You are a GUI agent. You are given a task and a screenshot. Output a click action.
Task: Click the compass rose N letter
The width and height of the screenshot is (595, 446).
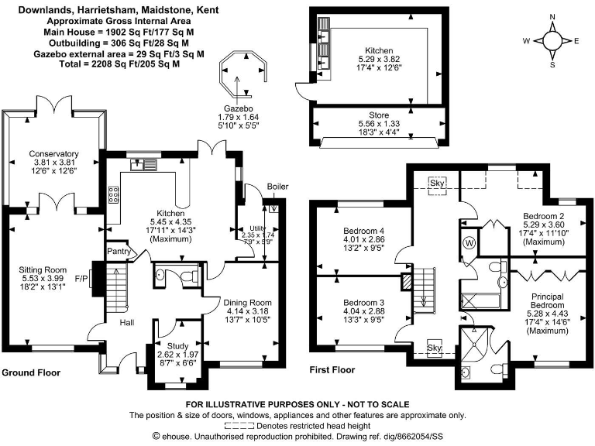[552, 17]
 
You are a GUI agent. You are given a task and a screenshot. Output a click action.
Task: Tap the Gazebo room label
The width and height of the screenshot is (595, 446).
[238, 109]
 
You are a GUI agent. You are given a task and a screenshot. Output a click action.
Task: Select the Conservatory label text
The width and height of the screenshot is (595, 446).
[53, 153]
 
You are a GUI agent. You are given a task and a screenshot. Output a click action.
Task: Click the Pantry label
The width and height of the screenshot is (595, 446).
[117, 251]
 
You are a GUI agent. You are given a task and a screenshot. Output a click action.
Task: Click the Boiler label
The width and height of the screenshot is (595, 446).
[277, 187]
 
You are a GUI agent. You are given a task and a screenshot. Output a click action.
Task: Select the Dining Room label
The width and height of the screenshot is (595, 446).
[247, 302]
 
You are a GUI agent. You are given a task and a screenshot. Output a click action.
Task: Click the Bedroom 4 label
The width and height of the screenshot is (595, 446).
[363, 231]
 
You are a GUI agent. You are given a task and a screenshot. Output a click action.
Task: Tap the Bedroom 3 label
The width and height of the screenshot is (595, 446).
[363, 302]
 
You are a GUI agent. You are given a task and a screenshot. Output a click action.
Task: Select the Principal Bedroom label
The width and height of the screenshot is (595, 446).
[547, 301]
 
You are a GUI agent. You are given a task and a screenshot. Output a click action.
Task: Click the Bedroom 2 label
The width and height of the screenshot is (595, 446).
[543, 216]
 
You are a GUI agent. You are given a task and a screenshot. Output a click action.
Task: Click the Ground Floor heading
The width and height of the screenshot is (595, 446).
[31, 372]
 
